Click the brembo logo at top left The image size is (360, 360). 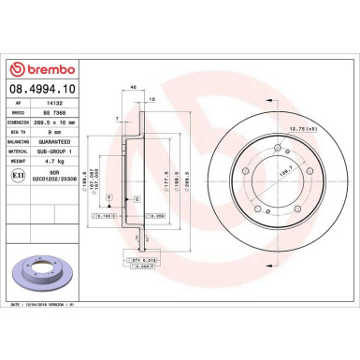click(x=45, y=70)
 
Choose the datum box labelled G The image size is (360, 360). click(x=137, y=199)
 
